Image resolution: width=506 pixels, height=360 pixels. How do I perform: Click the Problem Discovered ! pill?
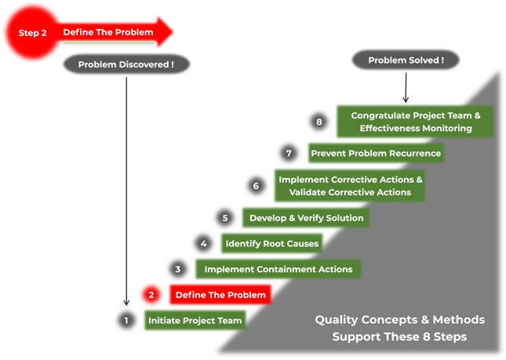pos(126,64)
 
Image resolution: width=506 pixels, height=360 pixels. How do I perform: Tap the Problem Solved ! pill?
pos(406,60)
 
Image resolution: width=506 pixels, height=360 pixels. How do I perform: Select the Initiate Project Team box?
pos(195,320)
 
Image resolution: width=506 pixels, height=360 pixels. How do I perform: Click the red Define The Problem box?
pos(220,295)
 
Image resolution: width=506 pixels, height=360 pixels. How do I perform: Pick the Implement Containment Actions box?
pos(278,269)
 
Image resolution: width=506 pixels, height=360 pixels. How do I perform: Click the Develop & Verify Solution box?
pos(305,217)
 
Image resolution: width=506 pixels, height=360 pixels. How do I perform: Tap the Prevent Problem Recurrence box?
pos(376,153)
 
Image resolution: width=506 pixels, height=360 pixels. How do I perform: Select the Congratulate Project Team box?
pos(415,122)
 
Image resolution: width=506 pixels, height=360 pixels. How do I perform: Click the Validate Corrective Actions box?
pos(350,186)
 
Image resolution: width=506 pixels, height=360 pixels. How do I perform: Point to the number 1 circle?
pos(126,320)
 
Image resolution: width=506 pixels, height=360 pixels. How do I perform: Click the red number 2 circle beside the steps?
pos(152,295)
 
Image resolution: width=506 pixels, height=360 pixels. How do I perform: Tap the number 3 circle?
pos(178,269)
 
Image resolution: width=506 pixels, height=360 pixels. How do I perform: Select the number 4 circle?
pos(204,243)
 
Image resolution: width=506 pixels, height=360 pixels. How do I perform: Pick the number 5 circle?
pos(225,217)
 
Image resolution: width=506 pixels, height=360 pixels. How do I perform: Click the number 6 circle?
pos(256,186)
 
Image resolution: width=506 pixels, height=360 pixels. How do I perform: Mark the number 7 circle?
pos(289,153)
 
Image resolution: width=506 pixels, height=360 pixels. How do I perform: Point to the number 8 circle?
pos(319,122)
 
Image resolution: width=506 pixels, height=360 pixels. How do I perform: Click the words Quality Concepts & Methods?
pos(399,320)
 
